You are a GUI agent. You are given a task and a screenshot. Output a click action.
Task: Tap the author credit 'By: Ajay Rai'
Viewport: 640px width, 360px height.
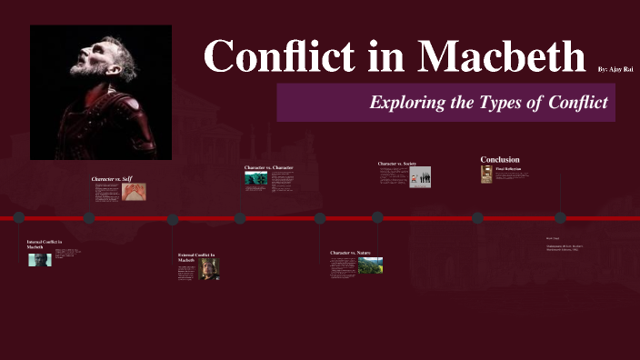615,69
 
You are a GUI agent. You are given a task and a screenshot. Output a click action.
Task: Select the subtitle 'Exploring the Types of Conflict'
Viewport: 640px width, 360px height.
488,102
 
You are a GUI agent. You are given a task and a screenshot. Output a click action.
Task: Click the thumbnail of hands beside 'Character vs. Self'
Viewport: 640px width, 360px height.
134,192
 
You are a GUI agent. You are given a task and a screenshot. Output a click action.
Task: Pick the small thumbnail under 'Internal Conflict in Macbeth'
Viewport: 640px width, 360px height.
39,260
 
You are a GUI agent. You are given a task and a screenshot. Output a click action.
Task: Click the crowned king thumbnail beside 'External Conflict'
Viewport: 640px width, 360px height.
209,268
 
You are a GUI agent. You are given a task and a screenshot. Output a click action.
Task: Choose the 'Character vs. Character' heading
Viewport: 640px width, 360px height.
269,168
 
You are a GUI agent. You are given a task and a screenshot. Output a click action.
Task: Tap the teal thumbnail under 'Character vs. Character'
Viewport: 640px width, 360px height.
255,179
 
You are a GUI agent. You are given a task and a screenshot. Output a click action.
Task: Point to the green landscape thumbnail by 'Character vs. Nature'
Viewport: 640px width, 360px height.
371,265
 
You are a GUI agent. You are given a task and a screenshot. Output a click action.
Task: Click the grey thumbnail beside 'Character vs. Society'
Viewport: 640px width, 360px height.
420,176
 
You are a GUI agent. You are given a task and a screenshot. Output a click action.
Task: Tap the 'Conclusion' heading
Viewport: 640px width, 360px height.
500,160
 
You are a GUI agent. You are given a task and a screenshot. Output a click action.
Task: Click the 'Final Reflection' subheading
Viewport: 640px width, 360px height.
508,169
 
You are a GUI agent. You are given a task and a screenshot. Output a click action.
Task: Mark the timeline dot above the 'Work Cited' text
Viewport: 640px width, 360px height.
560,217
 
